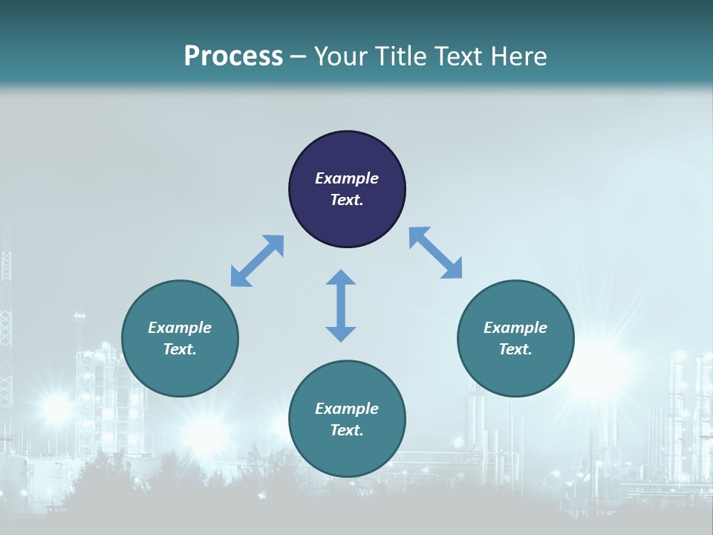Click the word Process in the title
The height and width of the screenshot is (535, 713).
pyautogui.click(x=233, y=56)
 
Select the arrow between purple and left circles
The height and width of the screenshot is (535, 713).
pyautogui.click(x=257, y=261)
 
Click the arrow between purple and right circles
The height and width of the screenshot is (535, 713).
pyautogui.click(x=435, y=253)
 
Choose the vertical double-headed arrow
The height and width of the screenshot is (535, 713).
pyautogui.click(x=341, y=305)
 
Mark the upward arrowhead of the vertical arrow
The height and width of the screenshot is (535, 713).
pyautogui.click(x=341, y=277)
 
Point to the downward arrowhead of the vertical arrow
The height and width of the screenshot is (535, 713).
pyautogui.click(x=341, y=334)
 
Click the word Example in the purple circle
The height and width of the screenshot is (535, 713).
pyautogui.click(x=347, y=178)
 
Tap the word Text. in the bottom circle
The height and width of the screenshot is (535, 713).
pyautogui.click(x=347, y=430)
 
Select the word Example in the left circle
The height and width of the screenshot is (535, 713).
pyautogui.click(x=180, y=328)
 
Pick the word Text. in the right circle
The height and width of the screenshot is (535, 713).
pyautogui.click(x=515, y=349)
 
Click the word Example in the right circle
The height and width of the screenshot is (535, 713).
pyautogui.click(x=515, y=328)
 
